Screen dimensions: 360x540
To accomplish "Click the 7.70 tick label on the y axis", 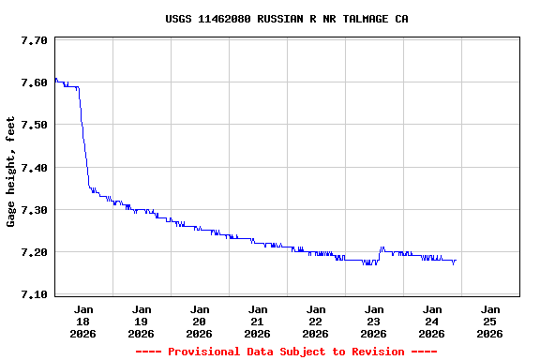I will point(34,40).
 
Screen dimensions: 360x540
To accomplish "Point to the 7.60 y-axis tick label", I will point(34,82).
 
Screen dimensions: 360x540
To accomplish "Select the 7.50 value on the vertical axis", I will point(34,125).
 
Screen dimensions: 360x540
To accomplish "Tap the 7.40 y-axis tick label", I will point(34,167).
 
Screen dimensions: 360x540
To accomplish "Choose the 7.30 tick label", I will point(34,209).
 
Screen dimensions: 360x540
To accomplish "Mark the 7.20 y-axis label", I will point(34,252).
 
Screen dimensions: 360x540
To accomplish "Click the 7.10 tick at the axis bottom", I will point(34,294).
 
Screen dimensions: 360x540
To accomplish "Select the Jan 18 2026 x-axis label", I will point(83,321).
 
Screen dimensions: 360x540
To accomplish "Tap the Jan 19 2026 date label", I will point(142,321).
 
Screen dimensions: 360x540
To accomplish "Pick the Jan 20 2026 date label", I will point(200,321).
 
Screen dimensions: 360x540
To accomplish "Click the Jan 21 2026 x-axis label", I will point(258,321).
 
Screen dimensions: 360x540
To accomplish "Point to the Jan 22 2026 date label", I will point(316,321).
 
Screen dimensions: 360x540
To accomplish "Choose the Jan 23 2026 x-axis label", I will point(374,321).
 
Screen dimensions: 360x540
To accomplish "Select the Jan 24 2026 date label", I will point(432,321).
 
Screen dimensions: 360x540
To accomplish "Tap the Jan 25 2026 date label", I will point(490,321).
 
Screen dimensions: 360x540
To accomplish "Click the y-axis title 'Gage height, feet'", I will point(11,172).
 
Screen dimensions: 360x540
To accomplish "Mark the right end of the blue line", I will point(456,261).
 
